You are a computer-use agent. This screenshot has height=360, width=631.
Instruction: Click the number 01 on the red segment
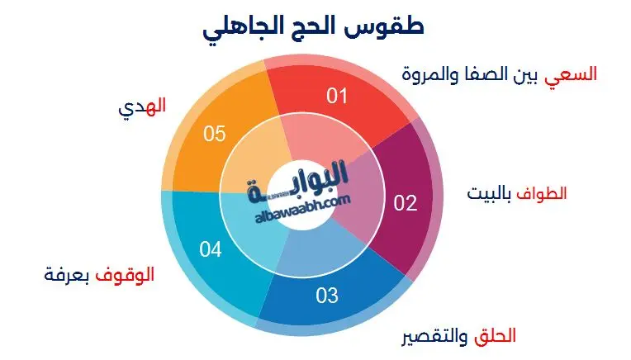point(337,97)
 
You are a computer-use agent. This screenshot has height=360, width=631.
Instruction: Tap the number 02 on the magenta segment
point(405,203)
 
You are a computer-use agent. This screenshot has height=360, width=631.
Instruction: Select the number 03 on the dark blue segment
point(327,294)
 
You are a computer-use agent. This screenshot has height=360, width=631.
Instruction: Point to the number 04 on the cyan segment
point(211,248)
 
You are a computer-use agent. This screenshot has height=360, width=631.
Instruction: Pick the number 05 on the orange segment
point(215,134)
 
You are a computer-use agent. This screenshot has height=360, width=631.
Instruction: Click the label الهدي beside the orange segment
point(149,106)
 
